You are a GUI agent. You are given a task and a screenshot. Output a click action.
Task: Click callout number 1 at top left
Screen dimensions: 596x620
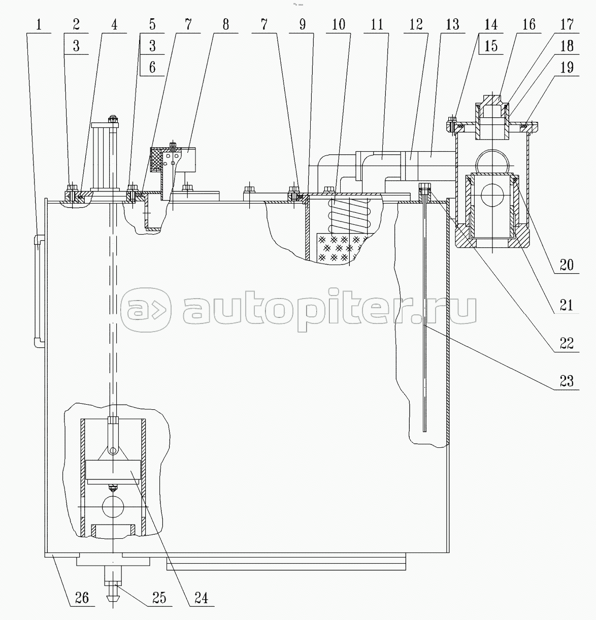pos(39,24)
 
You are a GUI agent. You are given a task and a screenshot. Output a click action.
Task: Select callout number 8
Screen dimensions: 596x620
pos(225,24)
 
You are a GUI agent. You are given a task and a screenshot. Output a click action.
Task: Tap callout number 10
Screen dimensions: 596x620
pos(338,24)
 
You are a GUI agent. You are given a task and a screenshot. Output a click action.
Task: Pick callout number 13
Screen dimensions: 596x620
pos(452,24)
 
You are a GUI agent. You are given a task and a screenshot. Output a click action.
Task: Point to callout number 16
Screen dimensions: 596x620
pos(529,24)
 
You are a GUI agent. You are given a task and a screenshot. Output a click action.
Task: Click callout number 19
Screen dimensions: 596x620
pos(567,67)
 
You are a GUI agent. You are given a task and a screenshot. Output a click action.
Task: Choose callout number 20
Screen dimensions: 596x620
pos(567,265)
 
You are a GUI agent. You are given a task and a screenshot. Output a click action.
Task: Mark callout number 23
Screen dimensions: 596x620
pos(567,381)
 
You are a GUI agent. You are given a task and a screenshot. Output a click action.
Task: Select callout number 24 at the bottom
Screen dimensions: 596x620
pos(201,598)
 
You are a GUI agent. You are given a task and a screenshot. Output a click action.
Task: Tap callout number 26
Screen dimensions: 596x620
pos(82,598)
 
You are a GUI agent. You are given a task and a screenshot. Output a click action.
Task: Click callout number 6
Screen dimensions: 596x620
pos(152,67)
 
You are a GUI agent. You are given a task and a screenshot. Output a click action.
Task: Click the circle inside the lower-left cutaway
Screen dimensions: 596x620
pos(113,508)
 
